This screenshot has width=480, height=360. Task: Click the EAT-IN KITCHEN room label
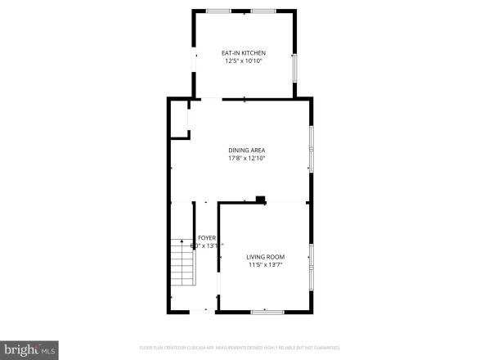[x=244, y=53]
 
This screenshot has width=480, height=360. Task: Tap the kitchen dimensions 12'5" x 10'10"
[x=244, y=61]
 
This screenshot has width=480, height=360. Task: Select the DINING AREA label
[x=246, y=150]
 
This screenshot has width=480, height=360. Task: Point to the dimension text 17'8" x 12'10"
[x=246, y=158]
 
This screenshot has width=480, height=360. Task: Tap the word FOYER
[x=206, y=237]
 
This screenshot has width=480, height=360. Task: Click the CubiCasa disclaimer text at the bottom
[x=240, y=347]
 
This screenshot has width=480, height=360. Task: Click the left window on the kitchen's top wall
[x=218, y=11]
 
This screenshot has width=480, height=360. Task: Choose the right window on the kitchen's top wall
[x=262, y=11]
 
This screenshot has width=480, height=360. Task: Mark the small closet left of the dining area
[x=179, y=119]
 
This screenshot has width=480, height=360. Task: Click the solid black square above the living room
[x=260, y=198]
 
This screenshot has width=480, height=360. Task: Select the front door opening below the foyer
[x=206, y=311]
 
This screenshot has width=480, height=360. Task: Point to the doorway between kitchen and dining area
[x=211, y=99]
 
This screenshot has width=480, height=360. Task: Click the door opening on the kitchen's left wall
[x=194, y=62]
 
